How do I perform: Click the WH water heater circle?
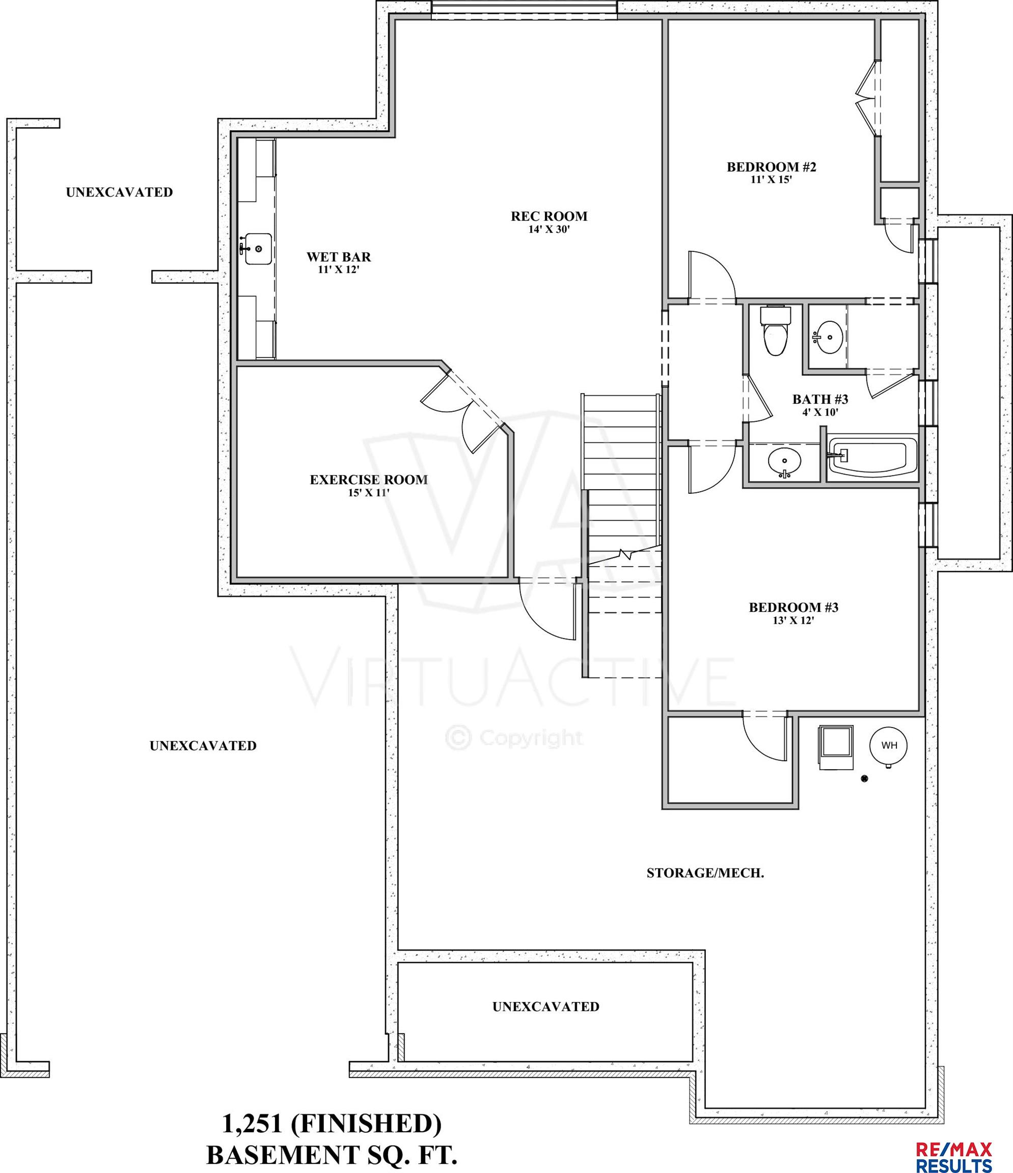point(888,745)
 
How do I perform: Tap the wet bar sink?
point(258,248)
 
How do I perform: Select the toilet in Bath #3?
point(775,331)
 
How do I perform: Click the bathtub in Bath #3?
point(872,456)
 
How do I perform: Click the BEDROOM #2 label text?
point(771,167)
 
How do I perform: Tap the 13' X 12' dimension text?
point(793,621)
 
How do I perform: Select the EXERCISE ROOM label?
point(369,480)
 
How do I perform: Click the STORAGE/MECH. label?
point(705,873)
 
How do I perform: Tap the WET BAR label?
point(339,257)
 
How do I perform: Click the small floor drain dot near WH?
point(864,779)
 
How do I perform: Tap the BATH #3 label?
point(820,400)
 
